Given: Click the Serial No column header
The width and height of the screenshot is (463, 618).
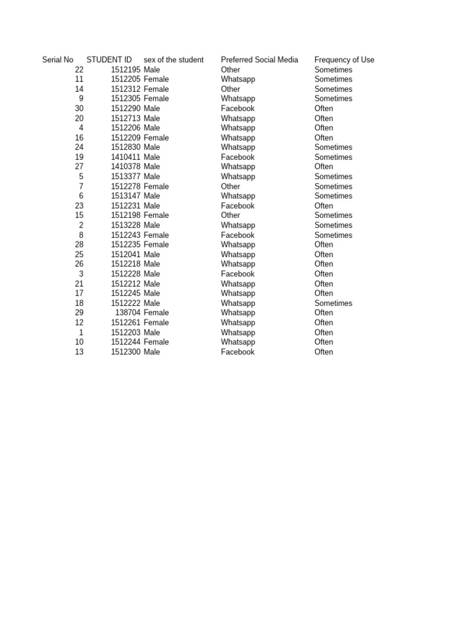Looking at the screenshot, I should tap(58, 60).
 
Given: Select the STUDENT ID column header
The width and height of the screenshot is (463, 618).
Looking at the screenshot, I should tap(109, 60).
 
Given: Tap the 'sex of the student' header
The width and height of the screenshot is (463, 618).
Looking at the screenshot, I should tap(174, 60).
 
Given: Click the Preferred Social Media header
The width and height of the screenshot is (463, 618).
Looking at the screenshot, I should tap(259, 60).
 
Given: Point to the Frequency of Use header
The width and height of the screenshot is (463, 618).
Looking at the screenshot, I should tap(344, 60).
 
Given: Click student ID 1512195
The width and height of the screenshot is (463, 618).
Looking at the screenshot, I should tap(125, 69).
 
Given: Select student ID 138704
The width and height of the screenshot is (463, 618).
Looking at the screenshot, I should tap(128, 313).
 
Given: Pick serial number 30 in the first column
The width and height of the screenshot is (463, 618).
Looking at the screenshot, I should tap(79, 109).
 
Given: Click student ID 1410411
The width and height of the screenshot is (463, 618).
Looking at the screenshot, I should tap(125, 157).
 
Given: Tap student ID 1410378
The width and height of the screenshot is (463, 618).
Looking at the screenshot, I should tap(125, 167).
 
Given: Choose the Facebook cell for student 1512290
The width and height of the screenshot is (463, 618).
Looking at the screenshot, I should tap(238, 109).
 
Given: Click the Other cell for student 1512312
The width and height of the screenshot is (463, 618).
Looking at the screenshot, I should tap(230, 89).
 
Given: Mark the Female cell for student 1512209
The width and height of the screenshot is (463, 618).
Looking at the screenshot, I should tap(156, 138).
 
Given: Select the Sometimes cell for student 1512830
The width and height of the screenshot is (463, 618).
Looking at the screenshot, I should tap(333, 147).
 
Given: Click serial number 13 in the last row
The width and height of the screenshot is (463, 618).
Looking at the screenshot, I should tap(79, 352).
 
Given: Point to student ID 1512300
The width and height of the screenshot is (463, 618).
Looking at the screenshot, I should tap(125, 352).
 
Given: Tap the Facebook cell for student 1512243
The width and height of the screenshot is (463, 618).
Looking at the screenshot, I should tap(238, 235).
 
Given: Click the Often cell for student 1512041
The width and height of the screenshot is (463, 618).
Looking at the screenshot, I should tap(324, 254).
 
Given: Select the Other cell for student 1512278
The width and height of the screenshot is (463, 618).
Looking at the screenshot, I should tap(230, 186).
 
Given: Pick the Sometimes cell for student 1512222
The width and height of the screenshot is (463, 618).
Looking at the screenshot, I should tap(333, 303).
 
